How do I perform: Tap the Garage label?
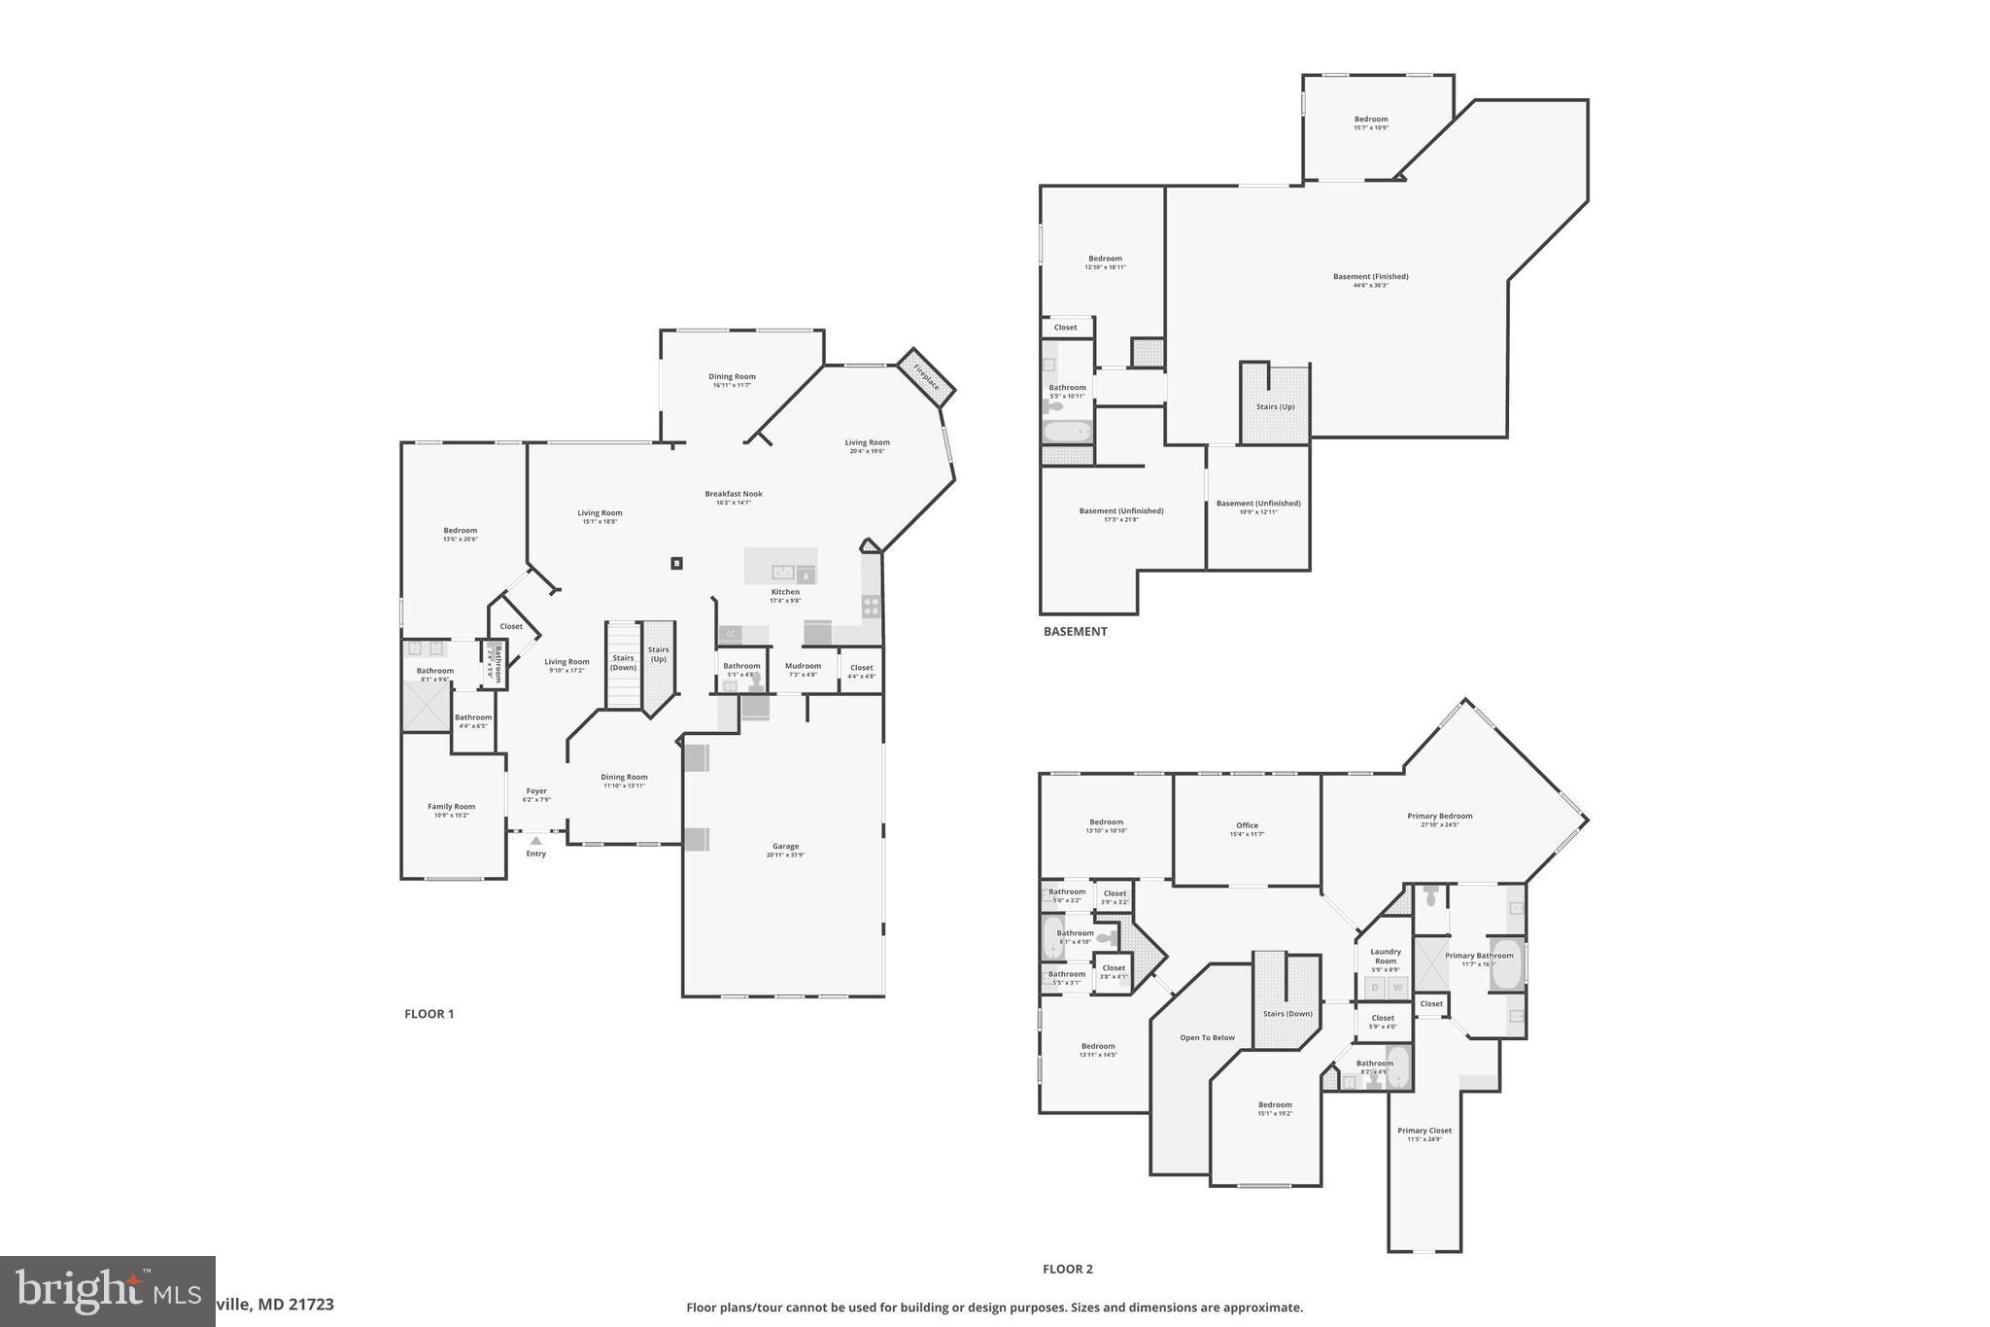click(786, 847)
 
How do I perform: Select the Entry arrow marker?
click(535, 840)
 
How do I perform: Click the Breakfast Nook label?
click(734, 494)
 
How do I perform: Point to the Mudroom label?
click(803, 666)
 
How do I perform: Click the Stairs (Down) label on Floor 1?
click(623, 662)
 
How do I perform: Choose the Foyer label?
click(536, 791)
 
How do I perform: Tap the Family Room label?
click(451, 806)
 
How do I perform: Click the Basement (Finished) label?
click(1370, 277)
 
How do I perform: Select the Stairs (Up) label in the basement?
click(1275, 406)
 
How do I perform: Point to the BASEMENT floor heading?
click(1075, 632)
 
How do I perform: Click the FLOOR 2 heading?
click(1067, 1269)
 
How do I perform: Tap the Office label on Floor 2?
click(1247, 825)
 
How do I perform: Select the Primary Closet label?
click(1424, 1131)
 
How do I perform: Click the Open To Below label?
click(1207, 1037)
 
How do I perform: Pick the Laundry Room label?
click(1385, 956)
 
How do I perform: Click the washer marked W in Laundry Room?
click(1397, 988)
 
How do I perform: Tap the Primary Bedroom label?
click(1439, 816)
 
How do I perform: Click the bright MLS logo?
click(107, 1291)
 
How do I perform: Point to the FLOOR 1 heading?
click(429, 1014)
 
